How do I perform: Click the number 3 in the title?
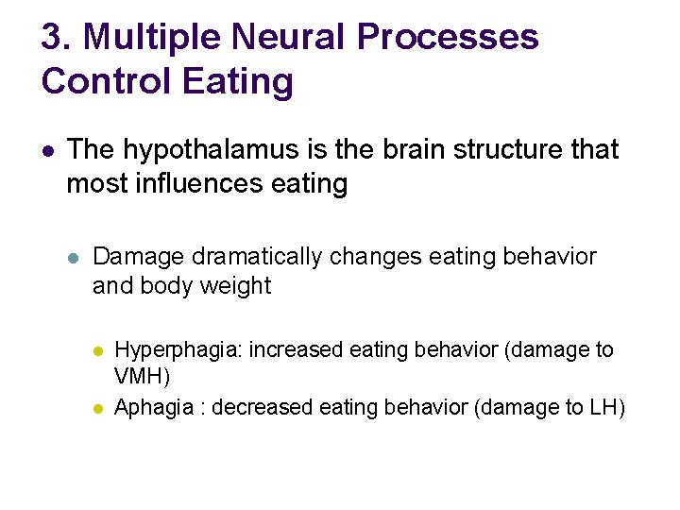(x=52, y=39)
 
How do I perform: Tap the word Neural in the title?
(x=290, y=39)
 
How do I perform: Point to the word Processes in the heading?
(x=449, y=39)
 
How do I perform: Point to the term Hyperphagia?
(x=178, y=350)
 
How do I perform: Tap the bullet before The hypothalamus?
(x=47, y=150)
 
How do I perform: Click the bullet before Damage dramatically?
(x=76, y=257)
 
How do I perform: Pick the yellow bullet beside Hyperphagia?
(x=98, y=350)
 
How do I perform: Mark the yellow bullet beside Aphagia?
(x=98, y=408)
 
